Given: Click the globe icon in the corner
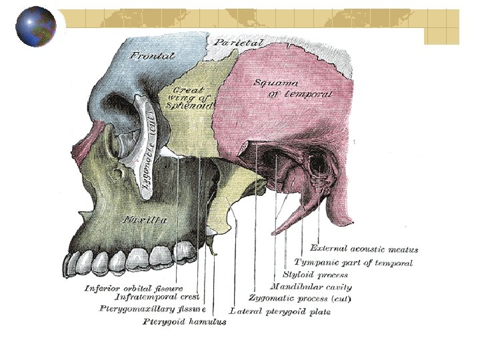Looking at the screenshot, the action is tap(36, 26).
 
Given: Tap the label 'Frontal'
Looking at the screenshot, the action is tap(153, 55).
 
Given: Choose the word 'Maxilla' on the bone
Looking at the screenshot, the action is tap(145, 219).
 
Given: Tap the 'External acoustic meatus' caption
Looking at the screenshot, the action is tap(364, 249).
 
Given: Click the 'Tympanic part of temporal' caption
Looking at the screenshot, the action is tap(353, 263).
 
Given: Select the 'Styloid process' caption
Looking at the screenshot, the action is tap(315, 275).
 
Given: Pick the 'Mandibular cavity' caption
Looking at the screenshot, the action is tap(311, 287).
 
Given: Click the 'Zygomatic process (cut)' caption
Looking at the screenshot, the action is tap(300, 298).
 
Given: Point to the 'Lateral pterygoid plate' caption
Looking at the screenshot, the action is tap(279, 311).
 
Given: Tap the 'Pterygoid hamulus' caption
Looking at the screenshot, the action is tap(185, 322).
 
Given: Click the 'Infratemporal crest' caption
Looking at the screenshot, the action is tap(158, 297).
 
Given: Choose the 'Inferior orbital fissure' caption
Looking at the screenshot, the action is tap(133, 288).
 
